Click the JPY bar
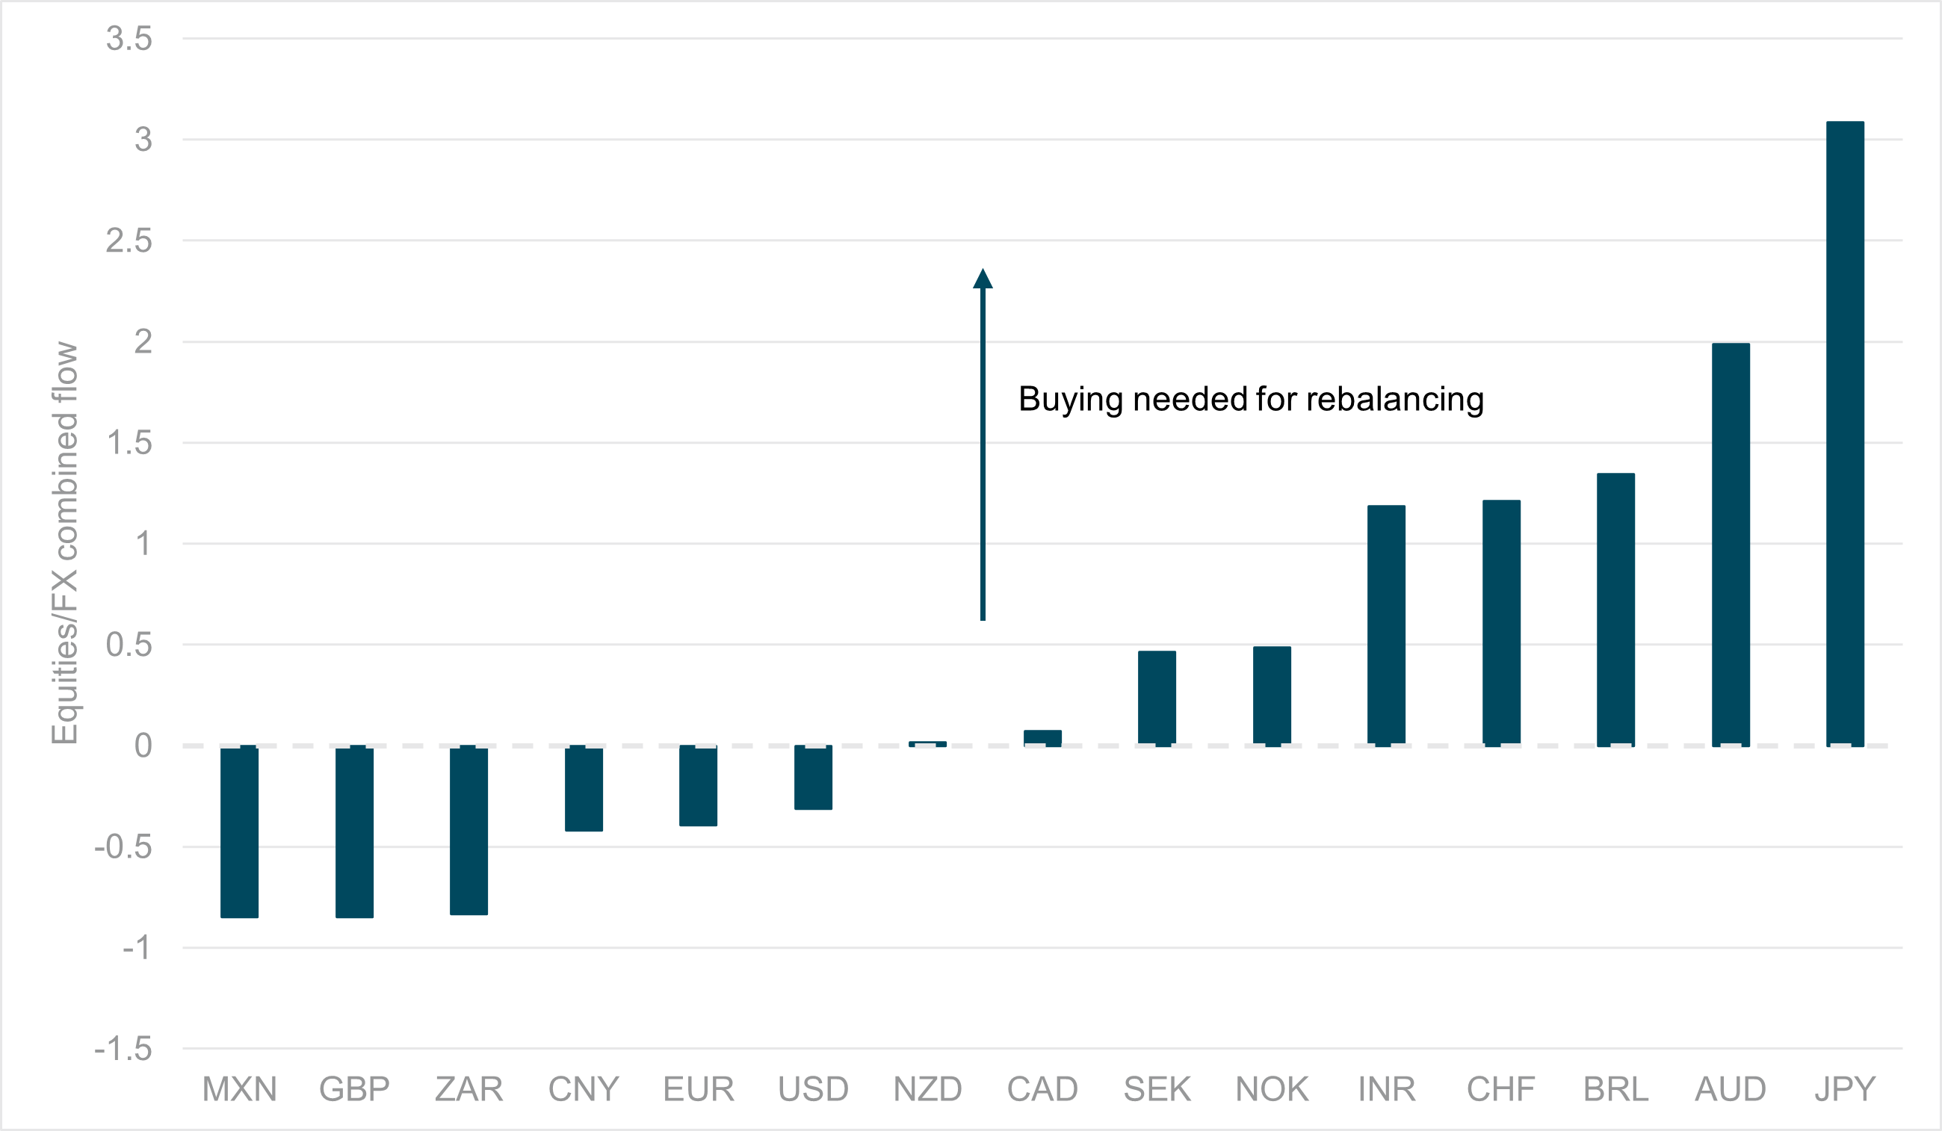(1845, 433)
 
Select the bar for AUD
(1731, 544)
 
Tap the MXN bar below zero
(239, 832)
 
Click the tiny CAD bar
(1042, 737)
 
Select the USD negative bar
(813, 778)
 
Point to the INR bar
(1386, 625)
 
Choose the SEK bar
(1157, 697)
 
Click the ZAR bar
(469, 831)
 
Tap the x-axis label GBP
(354, 1089)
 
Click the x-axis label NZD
(928, 1089)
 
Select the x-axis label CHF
(1501, 1089)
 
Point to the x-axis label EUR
(698, 1089)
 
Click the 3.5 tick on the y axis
(129, 39)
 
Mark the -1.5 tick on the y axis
(123, 1049)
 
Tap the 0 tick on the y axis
(143, 746)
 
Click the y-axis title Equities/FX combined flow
(65, 543)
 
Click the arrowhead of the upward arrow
(983, 279)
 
